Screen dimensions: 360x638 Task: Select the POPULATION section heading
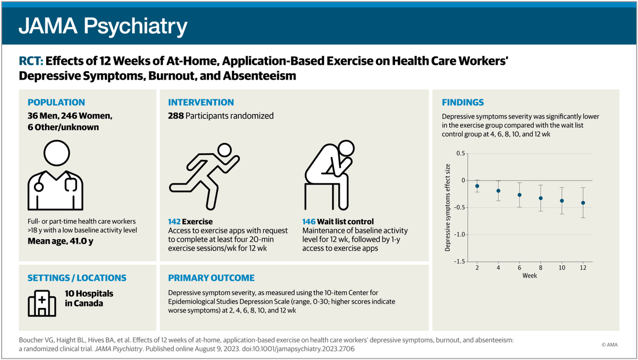(56, 103)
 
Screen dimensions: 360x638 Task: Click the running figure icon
(204, 174)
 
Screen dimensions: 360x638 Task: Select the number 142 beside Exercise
(175, 221)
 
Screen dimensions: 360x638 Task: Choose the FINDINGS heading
(463, 103)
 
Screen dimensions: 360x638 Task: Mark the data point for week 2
(477, 186)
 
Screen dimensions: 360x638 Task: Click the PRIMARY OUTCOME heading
(211, 278)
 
